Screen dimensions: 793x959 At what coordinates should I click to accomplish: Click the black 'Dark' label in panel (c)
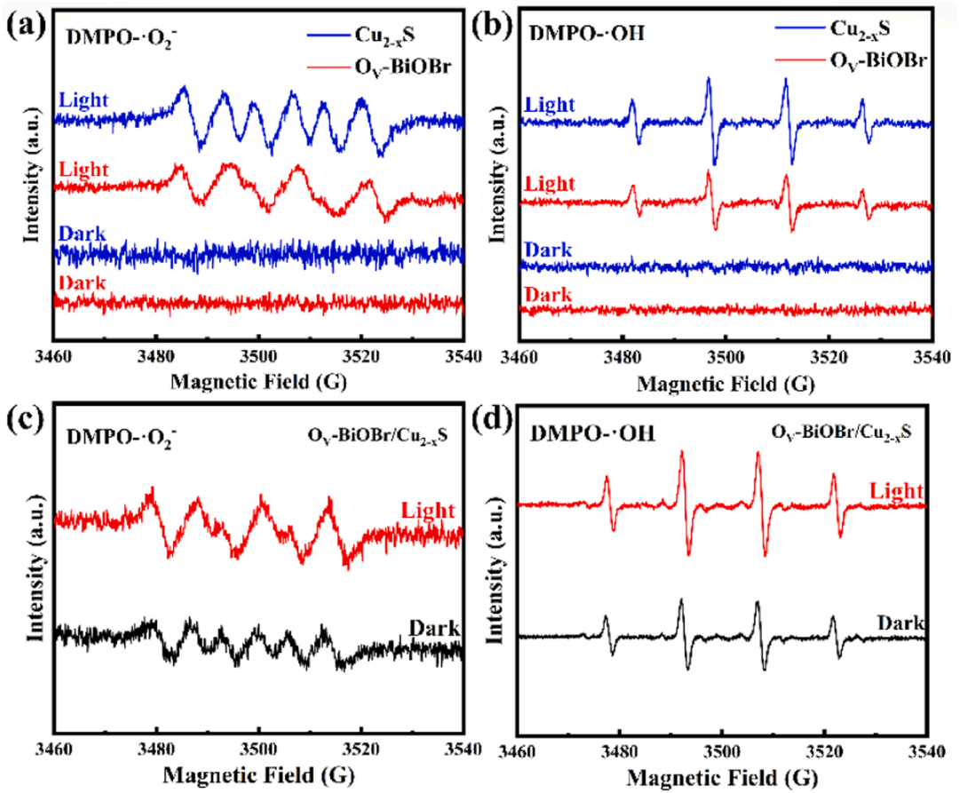[x=434, y=629]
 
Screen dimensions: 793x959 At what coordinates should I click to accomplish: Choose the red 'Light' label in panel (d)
[x=898, y=490]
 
